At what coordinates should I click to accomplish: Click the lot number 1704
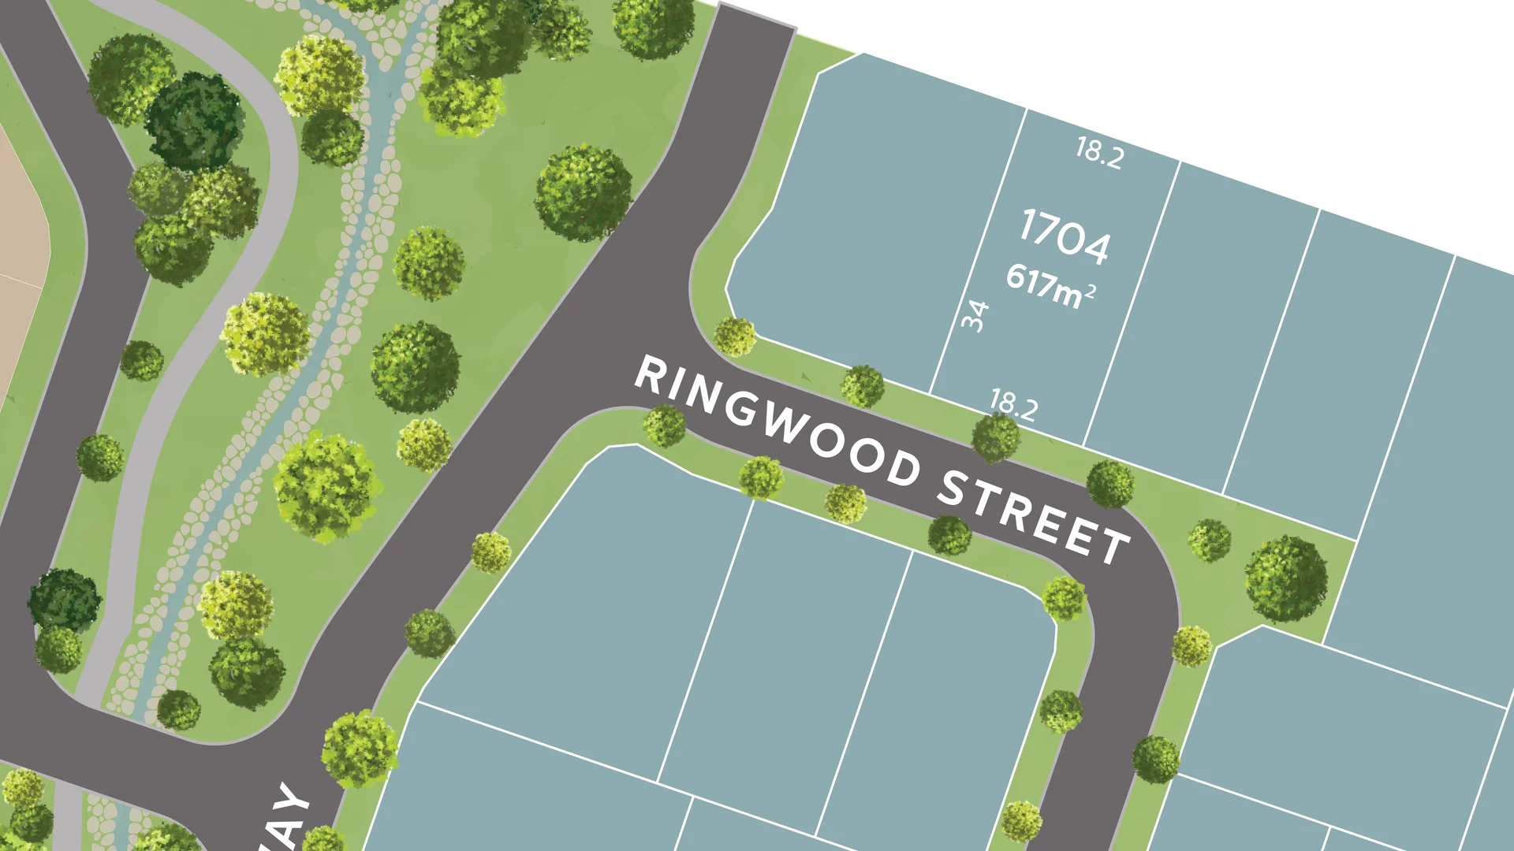[x=1065, y=235]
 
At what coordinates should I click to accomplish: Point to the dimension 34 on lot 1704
[x=975, y=316]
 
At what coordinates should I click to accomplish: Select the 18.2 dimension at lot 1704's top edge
[x=1100, y=152]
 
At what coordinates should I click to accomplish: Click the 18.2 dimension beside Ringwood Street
[x=1013, y=405]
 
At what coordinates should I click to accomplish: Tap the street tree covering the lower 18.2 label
[x=996, y=437]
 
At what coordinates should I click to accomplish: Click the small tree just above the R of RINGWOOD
[x=735, y=336]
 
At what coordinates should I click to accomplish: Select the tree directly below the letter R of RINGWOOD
[x=665, y=425]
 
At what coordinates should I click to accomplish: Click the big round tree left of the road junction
[x=584, y=193]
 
